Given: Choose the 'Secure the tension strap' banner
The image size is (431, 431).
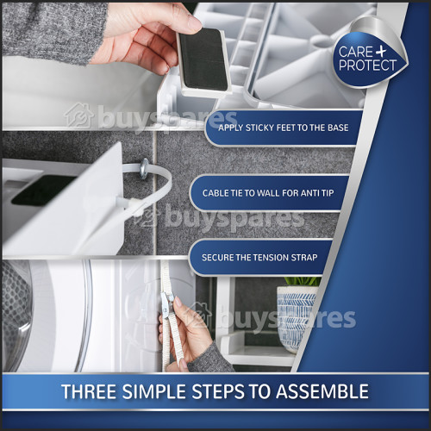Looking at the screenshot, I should click(259, 257).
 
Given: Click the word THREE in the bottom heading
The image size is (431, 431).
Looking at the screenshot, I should click(89, 391).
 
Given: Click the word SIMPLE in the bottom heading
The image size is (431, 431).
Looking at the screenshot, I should click(159, 391).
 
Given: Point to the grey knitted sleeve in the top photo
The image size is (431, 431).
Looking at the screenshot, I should click(52, 30).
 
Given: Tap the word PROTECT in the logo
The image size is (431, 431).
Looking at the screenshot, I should click(369, 66).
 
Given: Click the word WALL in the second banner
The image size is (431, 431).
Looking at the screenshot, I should click(271, 192).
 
